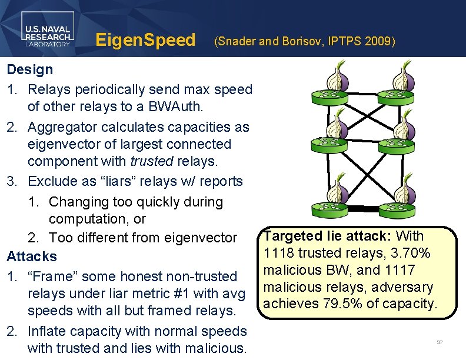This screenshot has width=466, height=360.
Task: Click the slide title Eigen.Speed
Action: [145, 41]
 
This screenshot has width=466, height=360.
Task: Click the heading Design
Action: [29, 69]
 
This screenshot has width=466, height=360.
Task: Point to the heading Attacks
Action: [32, 256]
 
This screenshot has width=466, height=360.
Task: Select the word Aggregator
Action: [67, 127]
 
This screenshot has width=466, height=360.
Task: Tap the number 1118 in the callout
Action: [279, 253]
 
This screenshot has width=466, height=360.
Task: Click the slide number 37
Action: [440, 342]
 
